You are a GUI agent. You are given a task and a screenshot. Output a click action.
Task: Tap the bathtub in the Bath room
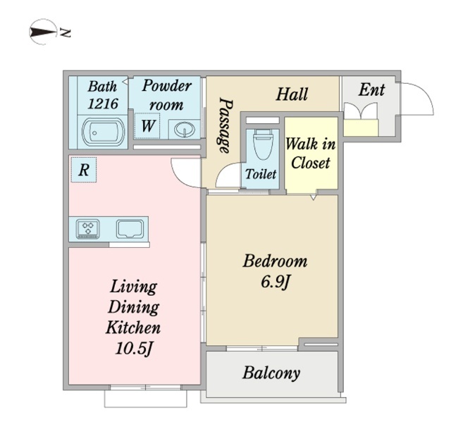pos(103,131)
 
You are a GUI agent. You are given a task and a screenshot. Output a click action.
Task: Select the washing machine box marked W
pos(149,127)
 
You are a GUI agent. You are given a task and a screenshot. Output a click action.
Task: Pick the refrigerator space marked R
pos(83,169)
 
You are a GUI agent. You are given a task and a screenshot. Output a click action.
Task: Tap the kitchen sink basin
pos(130,228)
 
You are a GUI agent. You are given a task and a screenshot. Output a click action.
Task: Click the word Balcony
pos(271,373)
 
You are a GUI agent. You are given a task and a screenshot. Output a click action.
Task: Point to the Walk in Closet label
pos(311,153)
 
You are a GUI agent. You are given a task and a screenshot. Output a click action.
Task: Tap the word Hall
pos(291,94)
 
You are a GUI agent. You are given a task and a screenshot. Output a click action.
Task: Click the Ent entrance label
pos(371,90)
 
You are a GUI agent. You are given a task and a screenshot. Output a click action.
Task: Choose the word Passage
pos(225,125)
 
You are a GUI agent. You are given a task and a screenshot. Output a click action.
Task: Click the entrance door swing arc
pos(419,99)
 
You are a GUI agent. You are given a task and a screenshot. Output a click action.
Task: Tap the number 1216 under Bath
pos(103,103)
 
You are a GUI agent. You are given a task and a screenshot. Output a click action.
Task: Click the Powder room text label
pos(166,95)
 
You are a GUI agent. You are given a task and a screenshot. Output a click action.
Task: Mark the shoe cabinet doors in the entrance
pos(361,113)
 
